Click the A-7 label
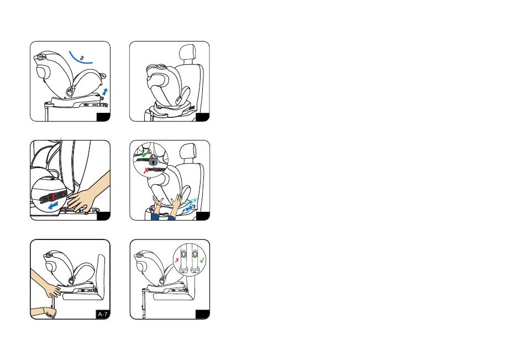tap(103, 315)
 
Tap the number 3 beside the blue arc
tap(82, 58)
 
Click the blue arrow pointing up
tap(105, 91)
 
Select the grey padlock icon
tap(153, 160)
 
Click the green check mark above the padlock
tap(145, 154)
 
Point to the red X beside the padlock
tap(146, 171)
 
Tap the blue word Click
tap(191, 201)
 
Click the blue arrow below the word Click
tap(190, 208)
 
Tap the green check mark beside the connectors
tap(202, 260)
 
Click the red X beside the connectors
tap(177, 260)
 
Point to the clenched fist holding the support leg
tap(51, 313)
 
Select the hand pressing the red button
tap(79, 200)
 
